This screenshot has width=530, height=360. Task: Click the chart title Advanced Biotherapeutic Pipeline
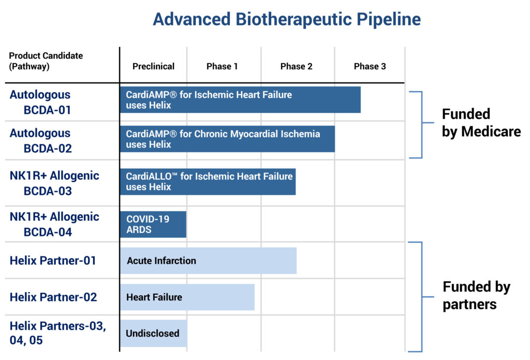tap(287, 19)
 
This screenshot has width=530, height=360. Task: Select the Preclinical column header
tap(153, 66)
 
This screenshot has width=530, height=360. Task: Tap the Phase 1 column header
tap(222, 66)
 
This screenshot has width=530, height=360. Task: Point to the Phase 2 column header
tap(297, 66)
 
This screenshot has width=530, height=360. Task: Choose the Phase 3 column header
tap(370, 66)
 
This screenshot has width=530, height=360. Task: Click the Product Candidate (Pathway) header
tap(46, 61)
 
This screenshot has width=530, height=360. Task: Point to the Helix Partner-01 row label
tap(53, 261)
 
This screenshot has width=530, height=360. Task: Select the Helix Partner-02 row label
tap(53, 297)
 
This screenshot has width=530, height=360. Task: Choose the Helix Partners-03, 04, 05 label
tap(58, 333)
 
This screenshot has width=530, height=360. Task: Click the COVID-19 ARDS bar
tap(153, 224)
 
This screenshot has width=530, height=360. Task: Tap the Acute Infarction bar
tap(208, 261)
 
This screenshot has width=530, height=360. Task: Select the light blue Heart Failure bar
tap(187, 297)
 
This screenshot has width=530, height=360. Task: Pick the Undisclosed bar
tap(153, 333)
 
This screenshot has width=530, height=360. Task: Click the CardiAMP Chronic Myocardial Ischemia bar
tap(228, 139)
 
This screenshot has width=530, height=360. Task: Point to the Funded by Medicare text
tap(481, 123)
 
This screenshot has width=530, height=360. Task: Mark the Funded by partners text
tap(477, 295)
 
